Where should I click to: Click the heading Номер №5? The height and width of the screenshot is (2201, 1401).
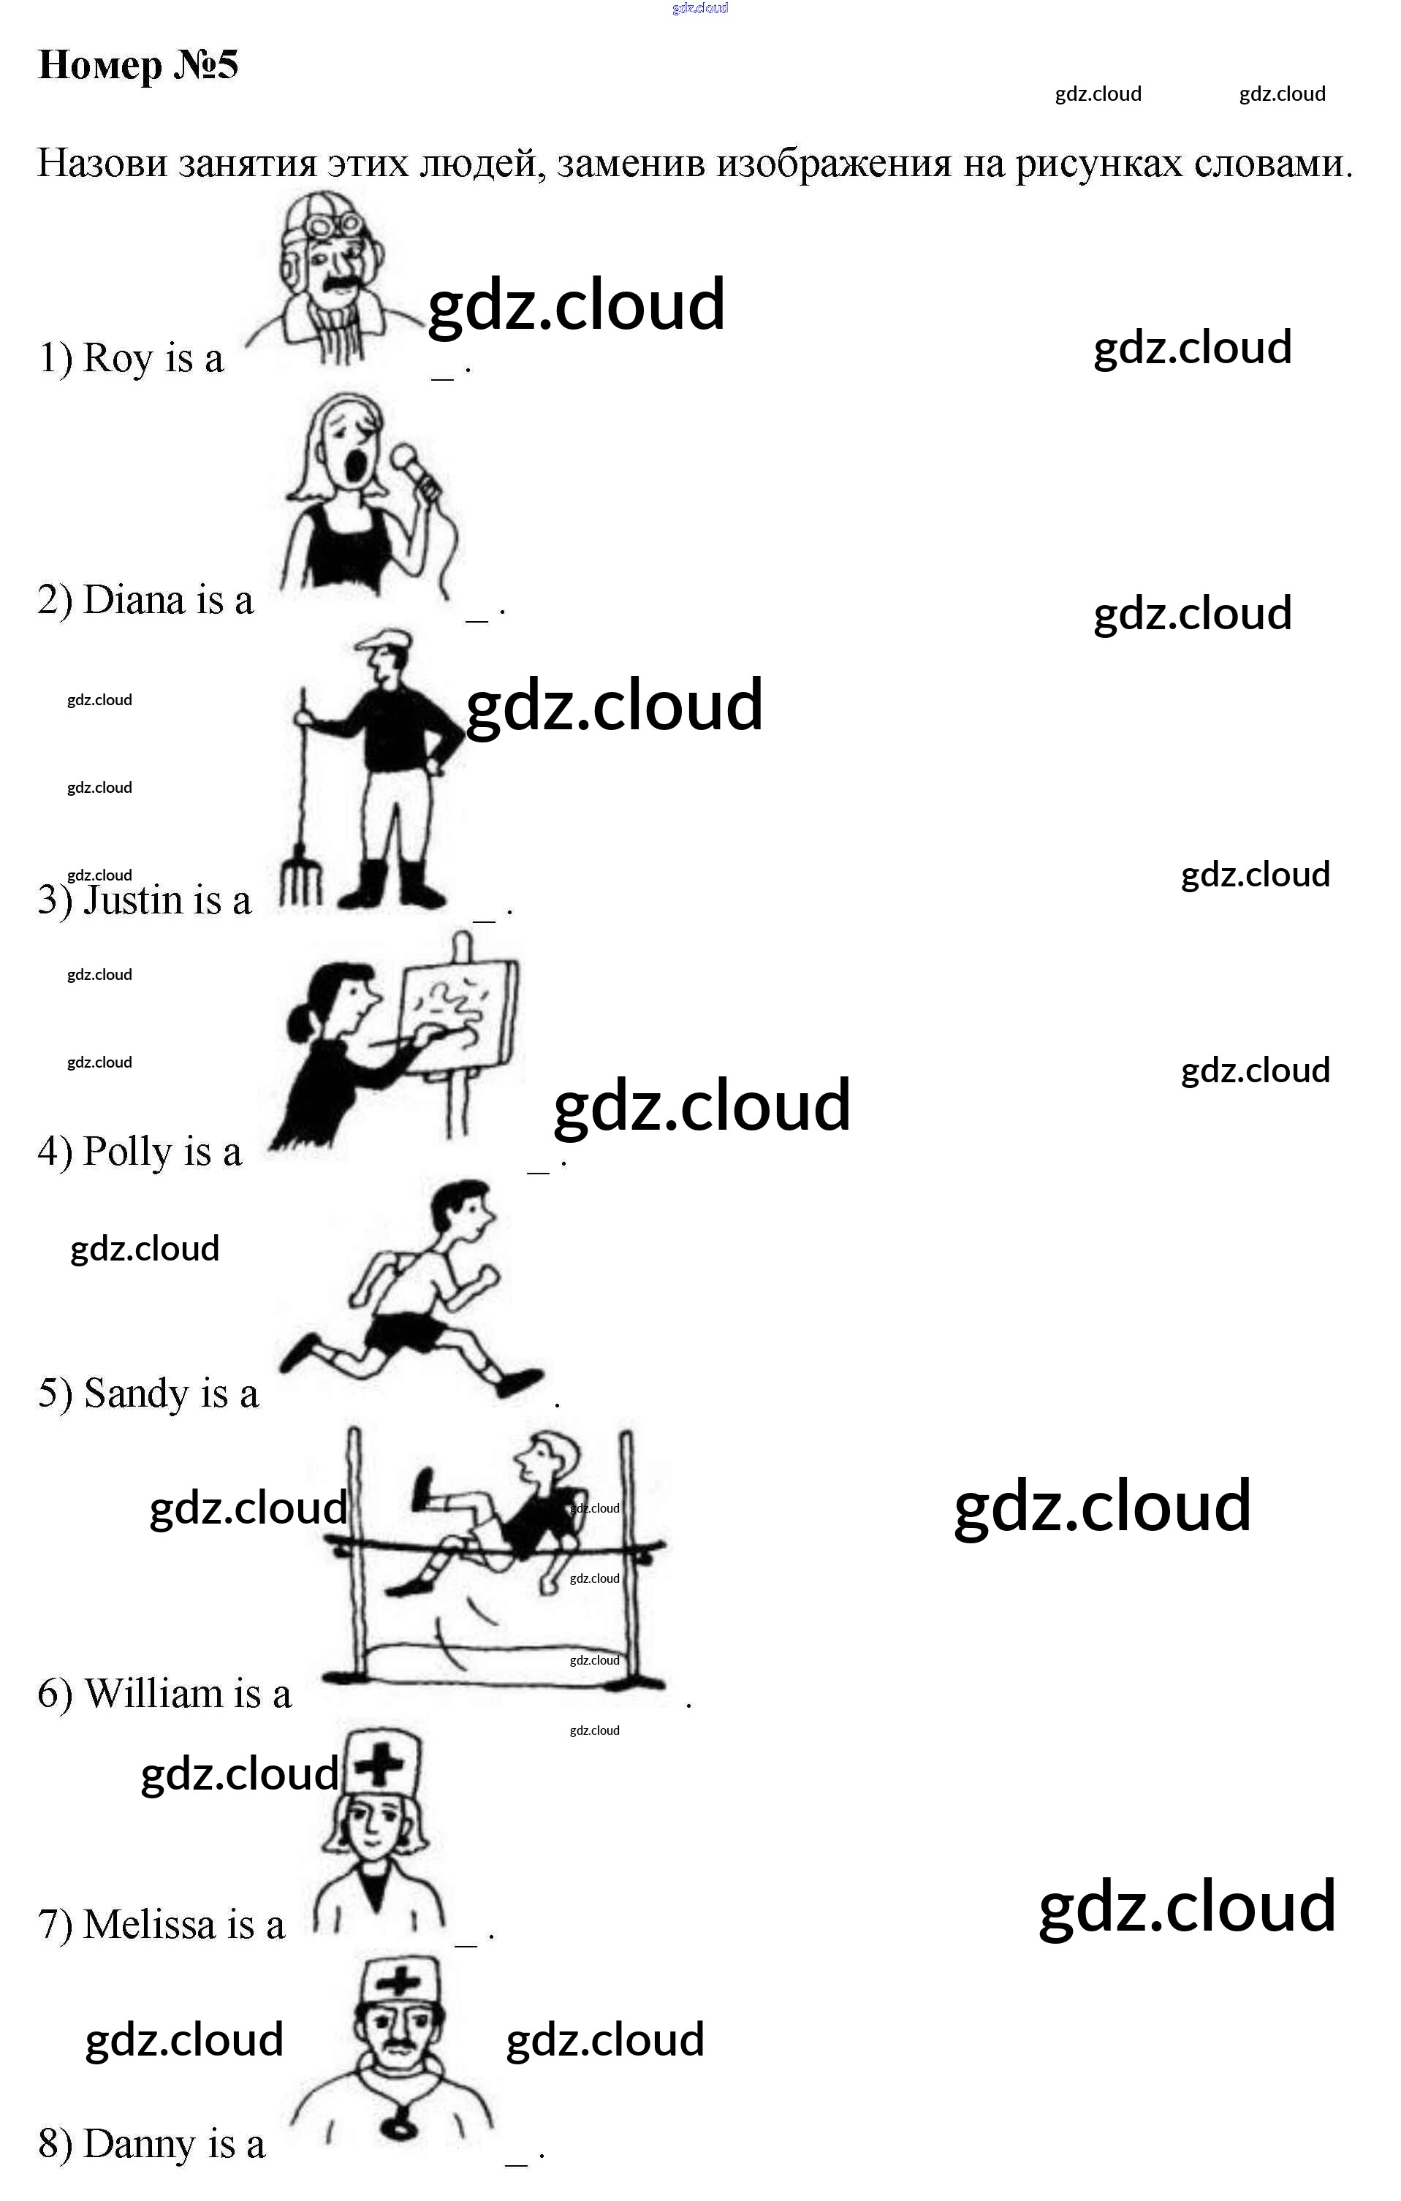click(x=138, y=65)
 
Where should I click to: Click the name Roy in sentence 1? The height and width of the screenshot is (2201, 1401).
click(x=117, y=357)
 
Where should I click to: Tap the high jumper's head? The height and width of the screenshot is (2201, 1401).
click(x=547, y=1457)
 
